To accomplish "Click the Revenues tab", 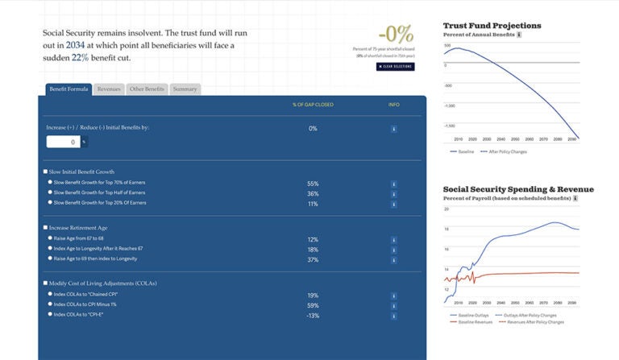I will click(x=108, y=89).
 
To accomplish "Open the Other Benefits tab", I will click(x=147, y=89).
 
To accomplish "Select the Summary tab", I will click(x=185, y=89).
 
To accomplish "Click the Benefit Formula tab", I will click(x=68, y=89).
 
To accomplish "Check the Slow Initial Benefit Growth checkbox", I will click(x=45, y=172).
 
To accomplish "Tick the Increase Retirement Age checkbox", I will click(x=45, y=228).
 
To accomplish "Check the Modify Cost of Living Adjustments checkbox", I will click(x=45, y=283).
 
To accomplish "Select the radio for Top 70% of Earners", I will click(x=50, y=183).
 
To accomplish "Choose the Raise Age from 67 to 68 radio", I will click(x=50, y=239).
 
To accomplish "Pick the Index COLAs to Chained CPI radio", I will click(x=50, y=295).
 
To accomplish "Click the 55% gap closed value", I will click(x=313, y=184).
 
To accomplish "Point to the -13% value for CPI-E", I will click(x=313, y=316).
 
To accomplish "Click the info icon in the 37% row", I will click(x=393, y=259).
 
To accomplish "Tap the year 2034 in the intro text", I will click(x=75, y=46).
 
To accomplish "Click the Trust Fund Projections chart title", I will click(x=492, y=26).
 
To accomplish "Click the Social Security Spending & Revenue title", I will click(x=518, y=189).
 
